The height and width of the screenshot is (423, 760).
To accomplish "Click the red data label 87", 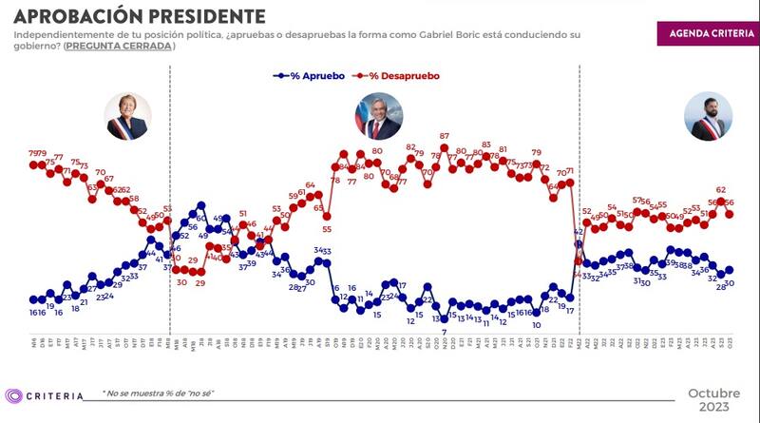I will pos(444,136).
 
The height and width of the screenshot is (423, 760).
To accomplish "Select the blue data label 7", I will pos(444,331).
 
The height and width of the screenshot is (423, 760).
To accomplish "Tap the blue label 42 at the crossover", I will pos(578,232).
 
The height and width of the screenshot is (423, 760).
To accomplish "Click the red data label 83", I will pos(485,144).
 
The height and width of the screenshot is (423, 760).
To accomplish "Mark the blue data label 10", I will pos(536,324).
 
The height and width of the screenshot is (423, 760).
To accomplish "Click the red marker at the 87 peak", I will pos(444,148).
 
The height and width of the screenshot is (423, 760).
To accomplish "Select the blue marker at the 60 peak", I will pos(201,204).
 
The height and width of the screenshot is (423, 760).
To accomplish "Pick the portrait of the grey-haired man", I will pos(377,117).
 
